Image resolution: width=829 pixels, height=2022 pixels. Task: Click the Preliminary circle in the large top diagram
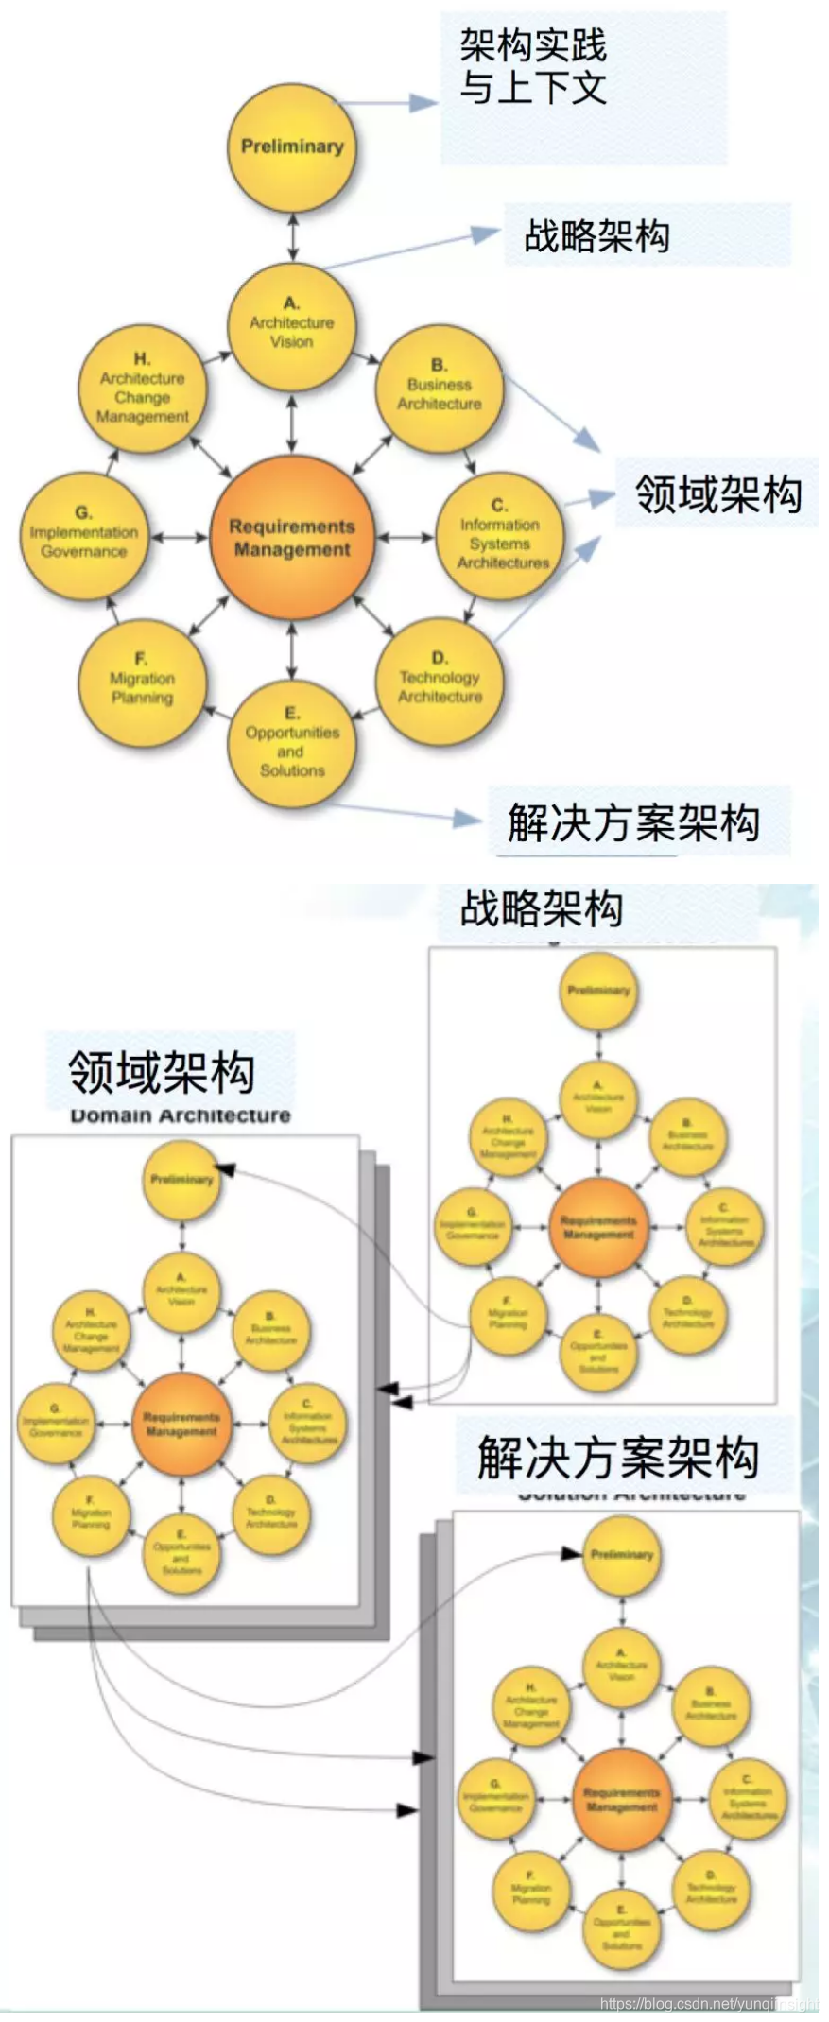[x=293, y=147]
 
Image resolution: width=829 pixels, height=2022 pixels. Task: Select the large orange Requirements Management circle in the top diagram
[x=291, y=538]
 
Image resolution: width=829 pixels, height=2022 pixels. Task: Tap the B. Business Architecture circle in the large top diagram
[x=439, y=388]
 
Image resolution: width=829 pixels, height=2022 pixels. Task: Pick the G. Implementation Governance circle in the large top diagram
[x=84, y=536]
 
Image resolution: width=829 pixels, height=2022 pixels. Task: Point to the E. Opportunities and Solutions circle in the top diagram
[x=292, y=746]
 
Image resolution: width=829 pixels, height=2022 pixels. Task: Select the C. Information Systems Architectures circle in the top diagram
[x=500, y=538]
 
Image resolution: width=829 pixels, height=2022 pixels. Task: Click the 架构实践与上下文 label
[x=533, y=66]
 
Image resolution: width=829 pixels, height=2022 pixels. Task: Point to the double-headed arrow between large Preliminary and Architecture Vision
[x=293, y=236]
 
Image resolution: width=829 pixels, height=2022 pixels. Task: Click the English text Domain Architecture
[x=181, y=1115]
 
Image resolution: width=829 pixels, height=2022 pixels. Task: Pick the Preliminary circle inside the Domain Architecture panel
[x=181, y=1179]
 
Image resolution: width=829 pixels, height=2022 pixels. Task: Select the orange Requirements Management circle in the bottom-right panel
[x=621, y=1799]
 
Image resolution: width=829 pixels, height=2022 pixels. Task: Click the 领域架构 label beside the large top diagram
[x=717, y=494]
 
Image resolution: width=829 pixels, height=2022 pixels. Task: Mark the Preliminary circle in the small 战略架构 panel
[x=597, y=991]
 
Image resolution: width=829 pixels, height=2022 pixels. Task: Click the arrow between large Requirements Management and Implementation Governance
[x=180, y=537]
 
